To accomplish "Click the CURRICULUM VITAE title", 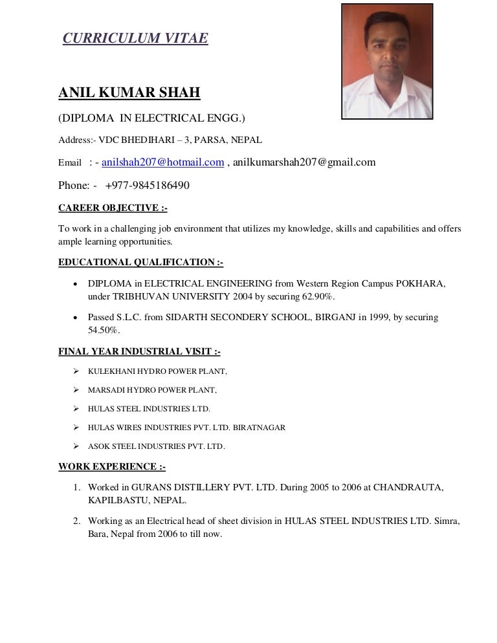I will [x=135, y=39].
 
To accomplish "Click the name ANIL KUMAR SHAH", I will [x=129, y=93].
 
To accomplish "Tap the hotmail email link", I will [x=163, y=162].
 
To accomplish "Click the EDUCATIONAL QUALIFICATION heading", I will [x=140, y=262].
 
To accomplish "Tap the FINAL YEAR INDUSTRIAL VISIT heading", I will [x=139, y=352].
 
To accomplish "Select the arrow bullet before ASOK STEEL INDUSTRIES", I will [x=76, y=446].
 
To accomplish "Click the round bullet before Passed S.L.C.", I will [x=76, y=318].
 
